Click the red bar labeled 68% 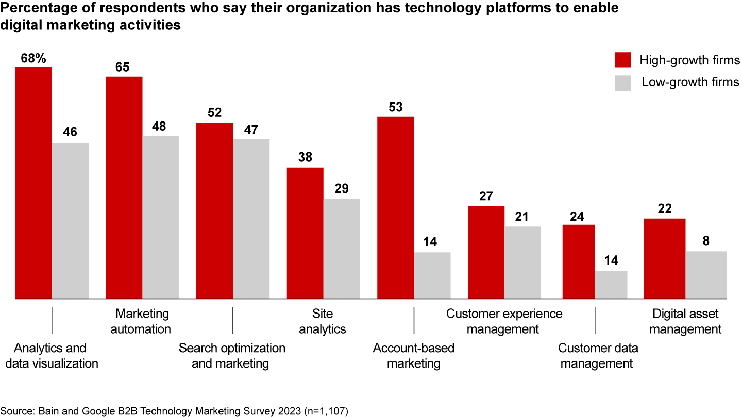pos(33,183)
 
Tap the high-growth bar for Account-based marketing pos(396,207)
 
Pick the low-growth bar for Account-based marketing pos(432,275)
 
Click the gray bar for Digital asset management pos(706,275)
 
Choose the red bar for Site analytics pos(305,233)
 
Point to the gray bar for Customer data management pos(611,285)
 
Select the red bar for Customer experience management pos(486,252)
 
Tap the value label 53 pos(396,107)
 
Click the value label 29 pos(342,189)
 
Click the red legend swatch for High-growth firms pos(623,60)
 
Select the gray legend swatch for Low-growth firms pos(623,82)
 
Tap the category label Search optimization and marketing pos(232,356)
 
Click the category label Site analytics pos(323,321)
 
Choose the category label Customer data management pos(598,356)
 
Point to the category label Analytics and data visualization pos(50,356)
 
